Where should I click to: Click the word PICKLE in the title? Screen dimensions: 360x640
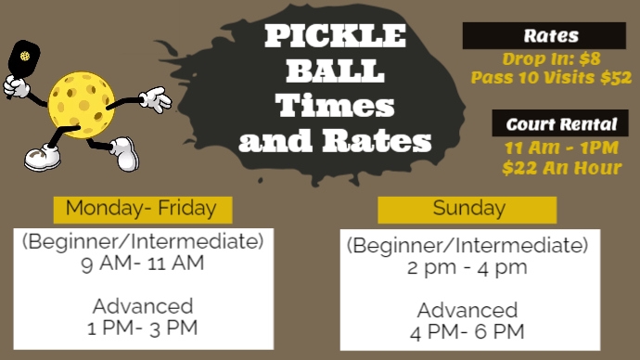pyautogui.click(x=336, y=37)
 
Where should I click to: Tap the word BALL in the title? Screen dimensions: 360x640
pyautogui.click(x=335, y=71)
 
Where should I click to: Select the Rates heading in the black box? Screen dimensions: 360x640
pyautogui.click(x=551, y=36)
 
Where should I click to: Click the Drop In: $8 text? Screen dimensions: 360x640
pyautogui.click(x=551, y=58)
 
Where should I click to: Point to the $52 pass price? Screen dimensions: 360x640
pyautogui.click(x=615, y=78)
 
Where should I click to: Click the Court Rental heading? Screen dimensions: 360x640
pyautogui.click(x=561, y=124)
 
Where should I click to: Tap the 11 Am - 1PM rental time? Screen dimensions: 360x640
pyautogui.click(x=561, y=148)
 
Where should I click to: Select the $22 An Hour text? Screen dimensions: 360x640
pyautogui.click(x=561, y=168)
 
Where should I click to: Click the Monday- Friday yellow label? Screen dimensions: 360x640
pyautogui.click(x=141, y=208)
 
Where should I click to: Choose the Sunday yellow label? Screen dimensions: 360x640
pyautogui.click(x=468, y=208)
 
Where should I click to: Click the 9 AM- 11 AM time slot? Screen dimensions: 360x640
pyautogui.click(x=143, y=263)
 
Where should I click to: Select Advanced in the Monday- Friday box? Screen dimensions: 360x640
pyautogui.click(x=143, y=306)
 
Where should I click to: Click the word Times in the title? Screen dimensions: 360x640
pyautogui.click(x=335, y=105)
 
